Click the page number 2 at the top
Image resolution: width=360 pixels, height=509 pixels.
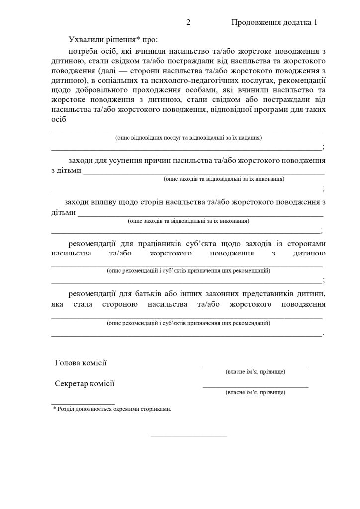(x=188, y=23)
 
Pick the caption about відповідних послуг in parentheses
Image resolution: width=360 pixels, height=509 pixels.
(x=188, y=137)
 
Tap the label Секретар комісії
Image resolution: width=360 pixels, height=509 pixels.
(x=85, y=383)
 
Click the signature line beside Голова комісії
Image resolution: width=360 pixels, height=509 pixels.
(x=255, y=366)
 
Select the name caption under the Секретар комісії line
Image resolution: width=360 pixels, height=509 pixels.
(x=255, y=392)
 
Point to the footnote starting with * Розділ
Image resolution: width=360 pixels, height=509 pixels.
(x=112, y=409)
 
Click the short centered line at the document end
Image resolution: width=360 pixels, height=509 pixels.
(x=188, y=436)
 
